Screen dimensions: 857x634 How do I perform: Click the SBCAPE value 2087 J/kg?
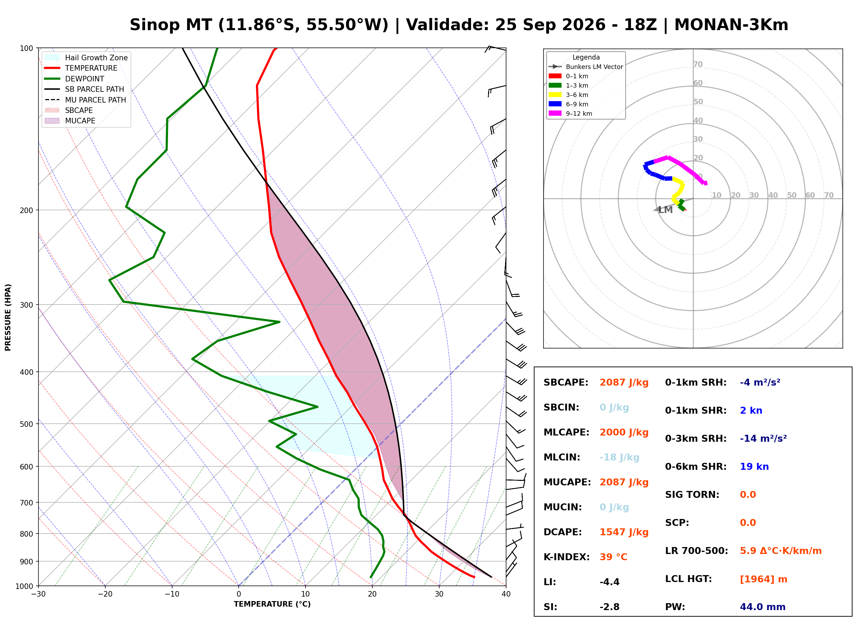click(x=624, y=382)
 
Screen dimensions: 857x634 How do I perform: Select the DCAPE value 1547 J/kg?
click(x=624, y=532)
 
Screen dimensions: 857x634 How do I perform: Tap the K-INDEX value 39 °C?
click(x=613, y=557)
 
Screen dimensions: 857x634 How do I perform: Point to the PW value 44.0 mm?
click(x=763, y=607)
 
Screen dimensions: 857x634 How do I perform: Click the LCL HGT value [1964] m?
click(x=763, y=579)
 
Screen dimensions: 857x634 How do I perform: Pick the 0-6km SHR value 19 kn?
click(x=754, y=467)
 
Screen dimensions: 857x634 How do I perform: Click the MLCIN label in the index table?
click(x=562, y=457)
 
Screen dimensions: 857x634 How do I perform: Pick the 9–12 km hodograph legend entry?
click(x=571, y=114)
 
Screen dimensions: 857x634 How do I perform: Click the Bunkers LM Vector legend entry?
click(x=586, y=67)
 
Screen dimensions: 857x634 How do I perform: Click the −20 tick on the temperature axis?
click(x=105, y=594)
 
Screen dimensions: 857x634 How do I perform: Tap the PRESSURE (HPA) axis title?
click(x=8, y=317)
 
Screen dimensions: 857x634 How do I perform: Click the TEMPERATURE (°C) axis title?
click(x=272, y=604)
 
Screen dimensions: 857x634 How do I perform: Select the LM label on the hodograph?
click(x=665, y=210)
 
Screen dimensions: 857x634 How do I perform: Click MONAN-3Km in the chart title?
click(x=731, y=25)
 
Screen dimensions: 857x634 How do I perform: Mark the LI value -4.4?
click(x=610, y=582)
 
